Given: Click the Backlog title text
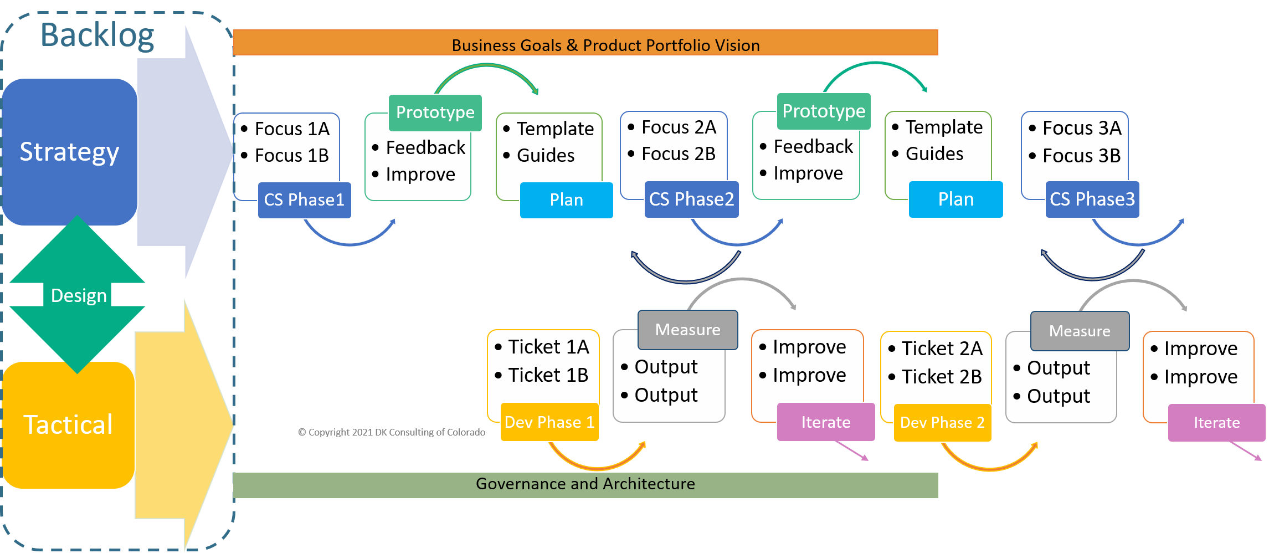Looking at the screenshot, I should click(97, 35).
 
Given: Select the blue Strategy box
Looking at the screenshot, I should click(69, 152).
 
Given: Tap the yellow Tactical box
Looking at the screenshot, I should click(68, 425).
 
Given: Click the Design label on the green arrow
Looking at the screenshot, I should click(79, 295).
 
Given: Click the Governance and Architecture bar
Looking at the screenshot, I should click(585, 484).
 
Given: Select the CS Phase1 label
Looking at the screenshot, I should click(304, 199).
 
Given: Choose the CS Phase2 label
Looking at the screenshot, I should click(691, 199).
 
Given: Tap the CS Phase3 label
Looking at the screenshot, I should click(1092, 199).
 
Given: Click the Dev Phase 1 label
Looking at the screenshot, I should click(549, 422).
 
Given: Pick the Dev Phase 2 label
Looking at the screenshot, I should click(942, 423).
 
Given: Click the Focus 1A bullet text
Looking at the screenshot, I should click(292, 129).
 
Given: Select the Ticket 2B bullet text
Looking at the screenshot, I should click(942, 377).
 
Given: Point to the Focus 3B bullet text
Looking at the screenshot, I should click(1081, 156).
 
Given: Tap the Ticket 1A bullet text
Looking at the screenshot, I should click(548, 347).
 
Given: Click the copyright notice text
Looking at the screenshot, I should click(392, 432).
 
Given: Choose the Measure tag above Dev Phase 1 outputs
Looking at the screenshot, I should click(687, 330).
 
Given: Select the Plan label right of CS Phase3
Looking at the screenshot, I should click(955, 199).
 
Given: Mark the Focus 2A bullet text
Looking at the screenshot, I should click(679, 127).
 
